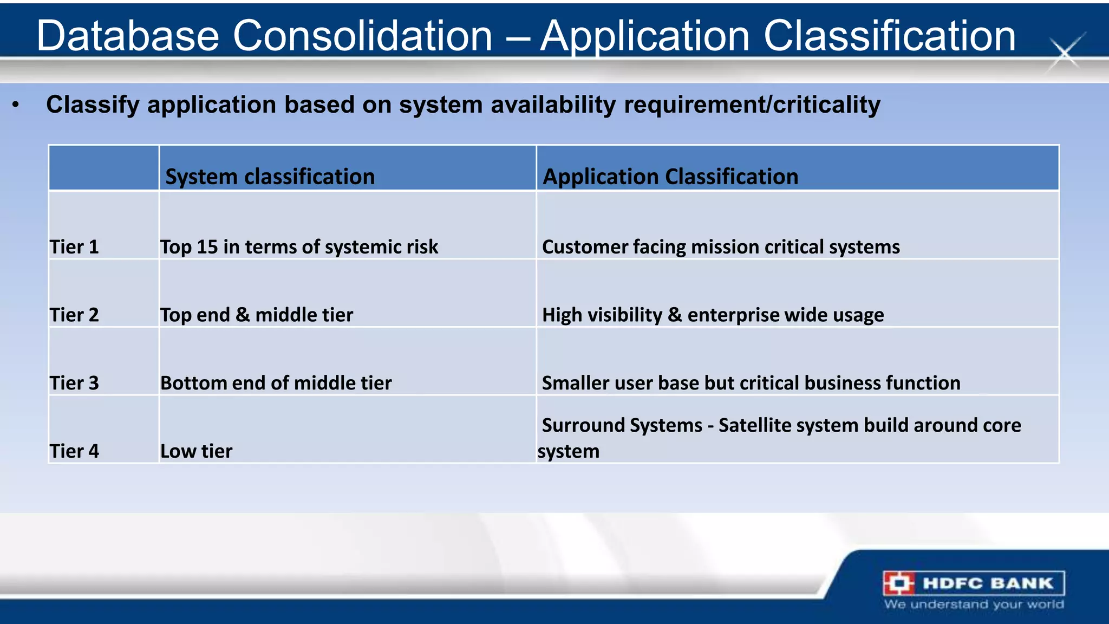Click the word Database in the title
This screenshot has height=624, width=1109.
tap(128, 36)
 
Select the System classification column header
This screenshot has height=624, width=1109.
tap(270, 177)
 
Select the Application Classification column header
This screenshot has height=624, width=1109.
tap(670, 177)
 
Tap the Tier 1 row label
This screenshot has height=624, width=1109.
tap(74, 247)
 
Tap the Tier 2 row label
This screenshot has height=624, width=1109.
tap(74, 315)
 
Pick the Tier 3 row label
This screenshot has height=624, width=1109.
tap(74, 383)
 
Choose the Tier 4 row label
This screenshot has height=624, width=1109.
tap(74, 451)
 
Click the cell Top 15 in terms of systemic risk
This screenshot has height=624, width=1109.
tap(299, 247)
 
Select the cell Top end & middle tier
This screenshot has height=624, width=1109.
tap(257, 315)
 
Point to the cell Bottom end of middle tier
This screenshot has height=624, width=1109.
tap(276, 383)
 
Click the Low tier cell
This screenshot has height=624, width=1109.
tap(196, 451)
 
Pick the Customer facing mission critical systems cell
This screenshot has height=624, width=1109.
tap(720, 247)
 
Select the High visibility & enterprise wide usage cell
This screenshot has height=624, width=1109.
tap(713, 315)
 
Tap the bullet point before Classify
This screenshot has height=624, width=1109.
tap(16, 105)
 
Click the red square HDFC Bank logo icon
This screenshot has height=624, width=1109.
tap(899, 583)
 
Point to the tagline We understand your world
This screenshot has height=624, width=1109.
tap(974, 604)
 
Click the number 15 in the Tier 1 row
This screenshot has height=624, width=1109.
tap(207, 247)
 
